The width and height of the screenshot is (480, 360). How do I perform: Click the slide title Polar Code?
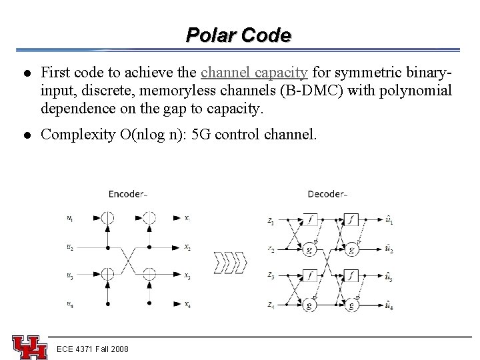[x=239, y=35]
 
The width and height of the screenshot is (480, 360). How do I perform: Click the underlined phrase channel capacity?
[x=254, y=71]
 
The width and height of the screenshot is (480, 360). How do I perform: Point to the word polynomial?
[x=414, y=89]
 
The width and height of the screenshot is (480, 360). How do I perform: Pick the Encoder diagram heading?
[x=126, y=195]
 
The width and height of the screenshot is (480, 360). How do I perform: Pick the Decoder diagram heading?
[x=326, y=195]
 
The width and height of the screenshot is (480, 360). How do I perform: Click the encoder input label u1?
[x=71, y=217]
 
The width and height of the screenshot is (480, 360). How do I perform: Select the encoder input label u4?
[x=71, y=305]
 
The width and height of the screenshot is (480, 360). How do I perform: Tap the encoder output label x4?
[x=187, y=305]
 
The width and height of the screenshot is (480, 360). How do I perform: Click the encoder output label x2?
[x=187, y=247]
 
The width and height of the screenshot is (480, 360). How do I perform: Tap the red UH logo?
[x=29, y=346]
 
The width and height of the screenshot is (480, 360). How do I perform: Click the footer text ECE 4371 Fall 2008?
[x=93, y=349]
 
